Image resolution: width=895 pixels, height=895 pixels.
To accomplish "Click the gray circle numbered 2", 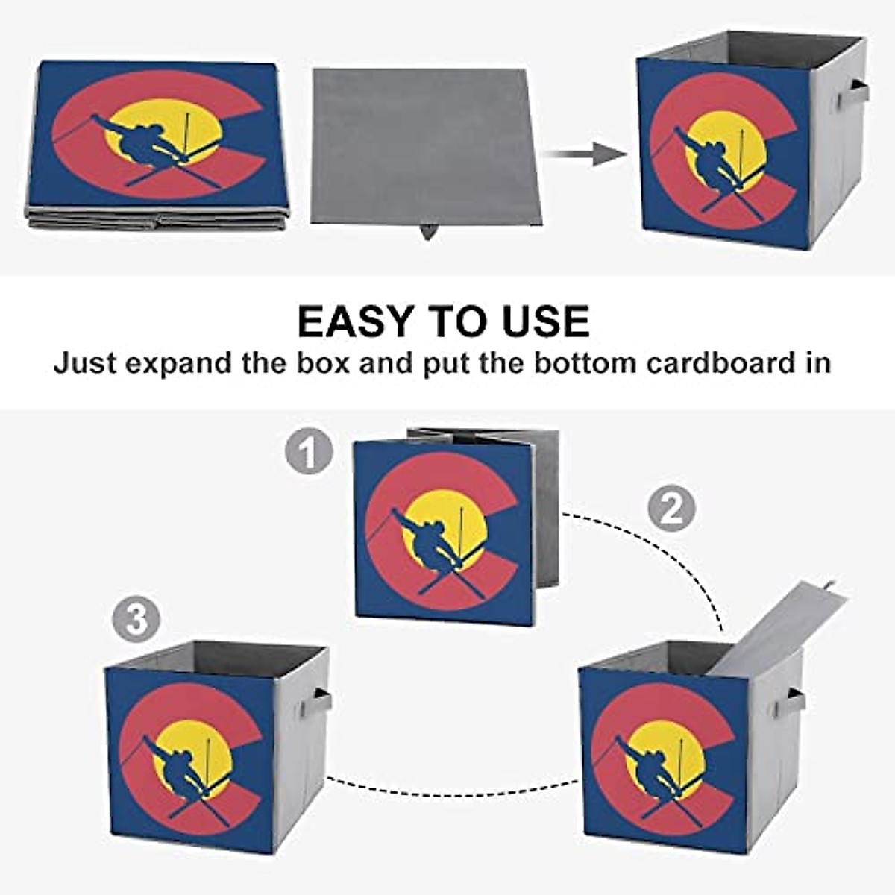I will (x=671, y=509).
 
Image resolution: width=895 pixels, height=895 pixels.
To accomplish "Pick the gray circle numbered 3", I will (x=136, y=621).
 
